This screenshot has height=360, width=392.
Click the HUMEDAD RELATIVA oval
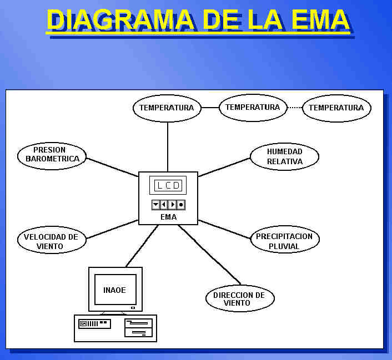click(x=284, y=156)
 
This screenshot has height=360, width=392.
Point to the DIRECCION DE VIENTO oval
click(x=240, y=299)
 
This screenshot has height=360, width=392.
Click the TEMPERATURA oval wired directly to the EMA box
click(x=167, y=108)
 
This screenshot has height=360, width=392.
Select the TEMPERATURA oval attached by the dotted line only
click(x=336, y=108)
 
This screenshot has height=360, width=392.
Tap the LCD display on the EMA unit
click(x=168, y=185)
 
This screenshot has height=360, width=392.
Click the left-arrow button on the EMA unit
click(x=164, y=205)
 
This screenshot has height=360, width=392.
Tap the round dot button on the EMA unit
click(x=181, y=205)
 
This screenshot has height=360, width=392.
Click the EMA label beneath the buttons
click(x=168, y=217)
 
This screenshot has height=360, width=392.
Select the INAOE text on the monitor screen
click(x=115, y=290)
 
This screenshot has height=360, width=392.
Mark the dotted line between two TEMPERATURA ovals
click(x=295, y=107)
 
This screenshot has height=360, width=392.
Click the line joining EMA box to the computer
click(x=142, y=246)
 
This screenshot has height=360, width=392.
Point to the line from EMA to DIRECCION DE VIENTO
click(x=209, y=254)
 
